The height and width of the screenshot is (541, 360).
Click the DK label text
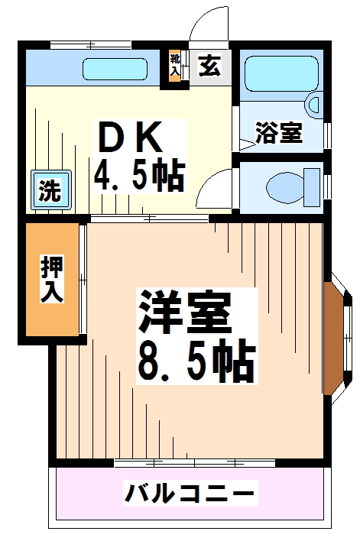pyautogui.click(x=129, y=139)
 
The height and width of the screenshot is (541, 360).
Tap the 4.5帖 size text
pyautogui.click(x=138, y=176)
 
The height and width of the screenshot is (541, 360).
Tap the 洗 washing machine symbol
pyautogui.click(x=50, y=190)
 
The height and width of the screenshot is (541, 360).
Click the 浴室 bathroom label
pyautogui.click(x=279, y=133)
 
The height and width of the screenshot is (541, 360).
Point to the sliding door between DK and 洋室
pyautogui.click(x=149, y=219)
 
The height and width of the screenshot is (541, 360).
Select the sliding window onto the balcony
pyautogui.click(x=194, y=462)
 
